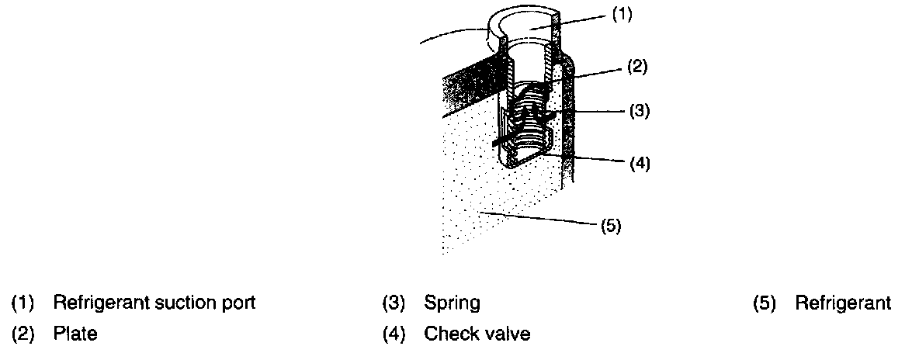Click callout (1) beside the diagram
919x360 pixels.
pyautogui.click(x=622, y=15)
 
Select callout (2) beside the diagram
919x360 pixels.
pyautogui.click(x=636, y=67)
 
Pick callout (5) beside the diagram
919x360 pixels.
pyautogui.click(x=610, y=227)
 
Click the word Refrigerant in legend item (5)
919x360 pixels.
pyautogui.click(x=843, y=303)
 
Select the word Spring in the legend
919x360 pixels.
pyautogui.click(x=452, y=303)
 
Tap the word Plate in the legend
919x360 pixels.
pyautogui.click(x=75, y=334)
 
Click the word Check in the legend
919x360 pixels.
pyautogui.click(x=449, y=334)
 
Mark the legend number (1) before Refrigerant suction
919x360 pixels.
pyautogui.click(x=23, y=303)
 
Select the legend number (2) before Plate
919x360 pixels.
pyautogui.click(x=23, y=334)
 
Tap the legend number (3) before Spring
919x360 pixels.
pyautogui.click(x=394, y=303)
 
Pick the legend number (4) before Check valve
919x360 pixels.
pyautogui.click(x=394, y=334)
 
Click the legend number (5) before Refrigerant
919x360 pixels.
pyautogui.click(x=765, y=303)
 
